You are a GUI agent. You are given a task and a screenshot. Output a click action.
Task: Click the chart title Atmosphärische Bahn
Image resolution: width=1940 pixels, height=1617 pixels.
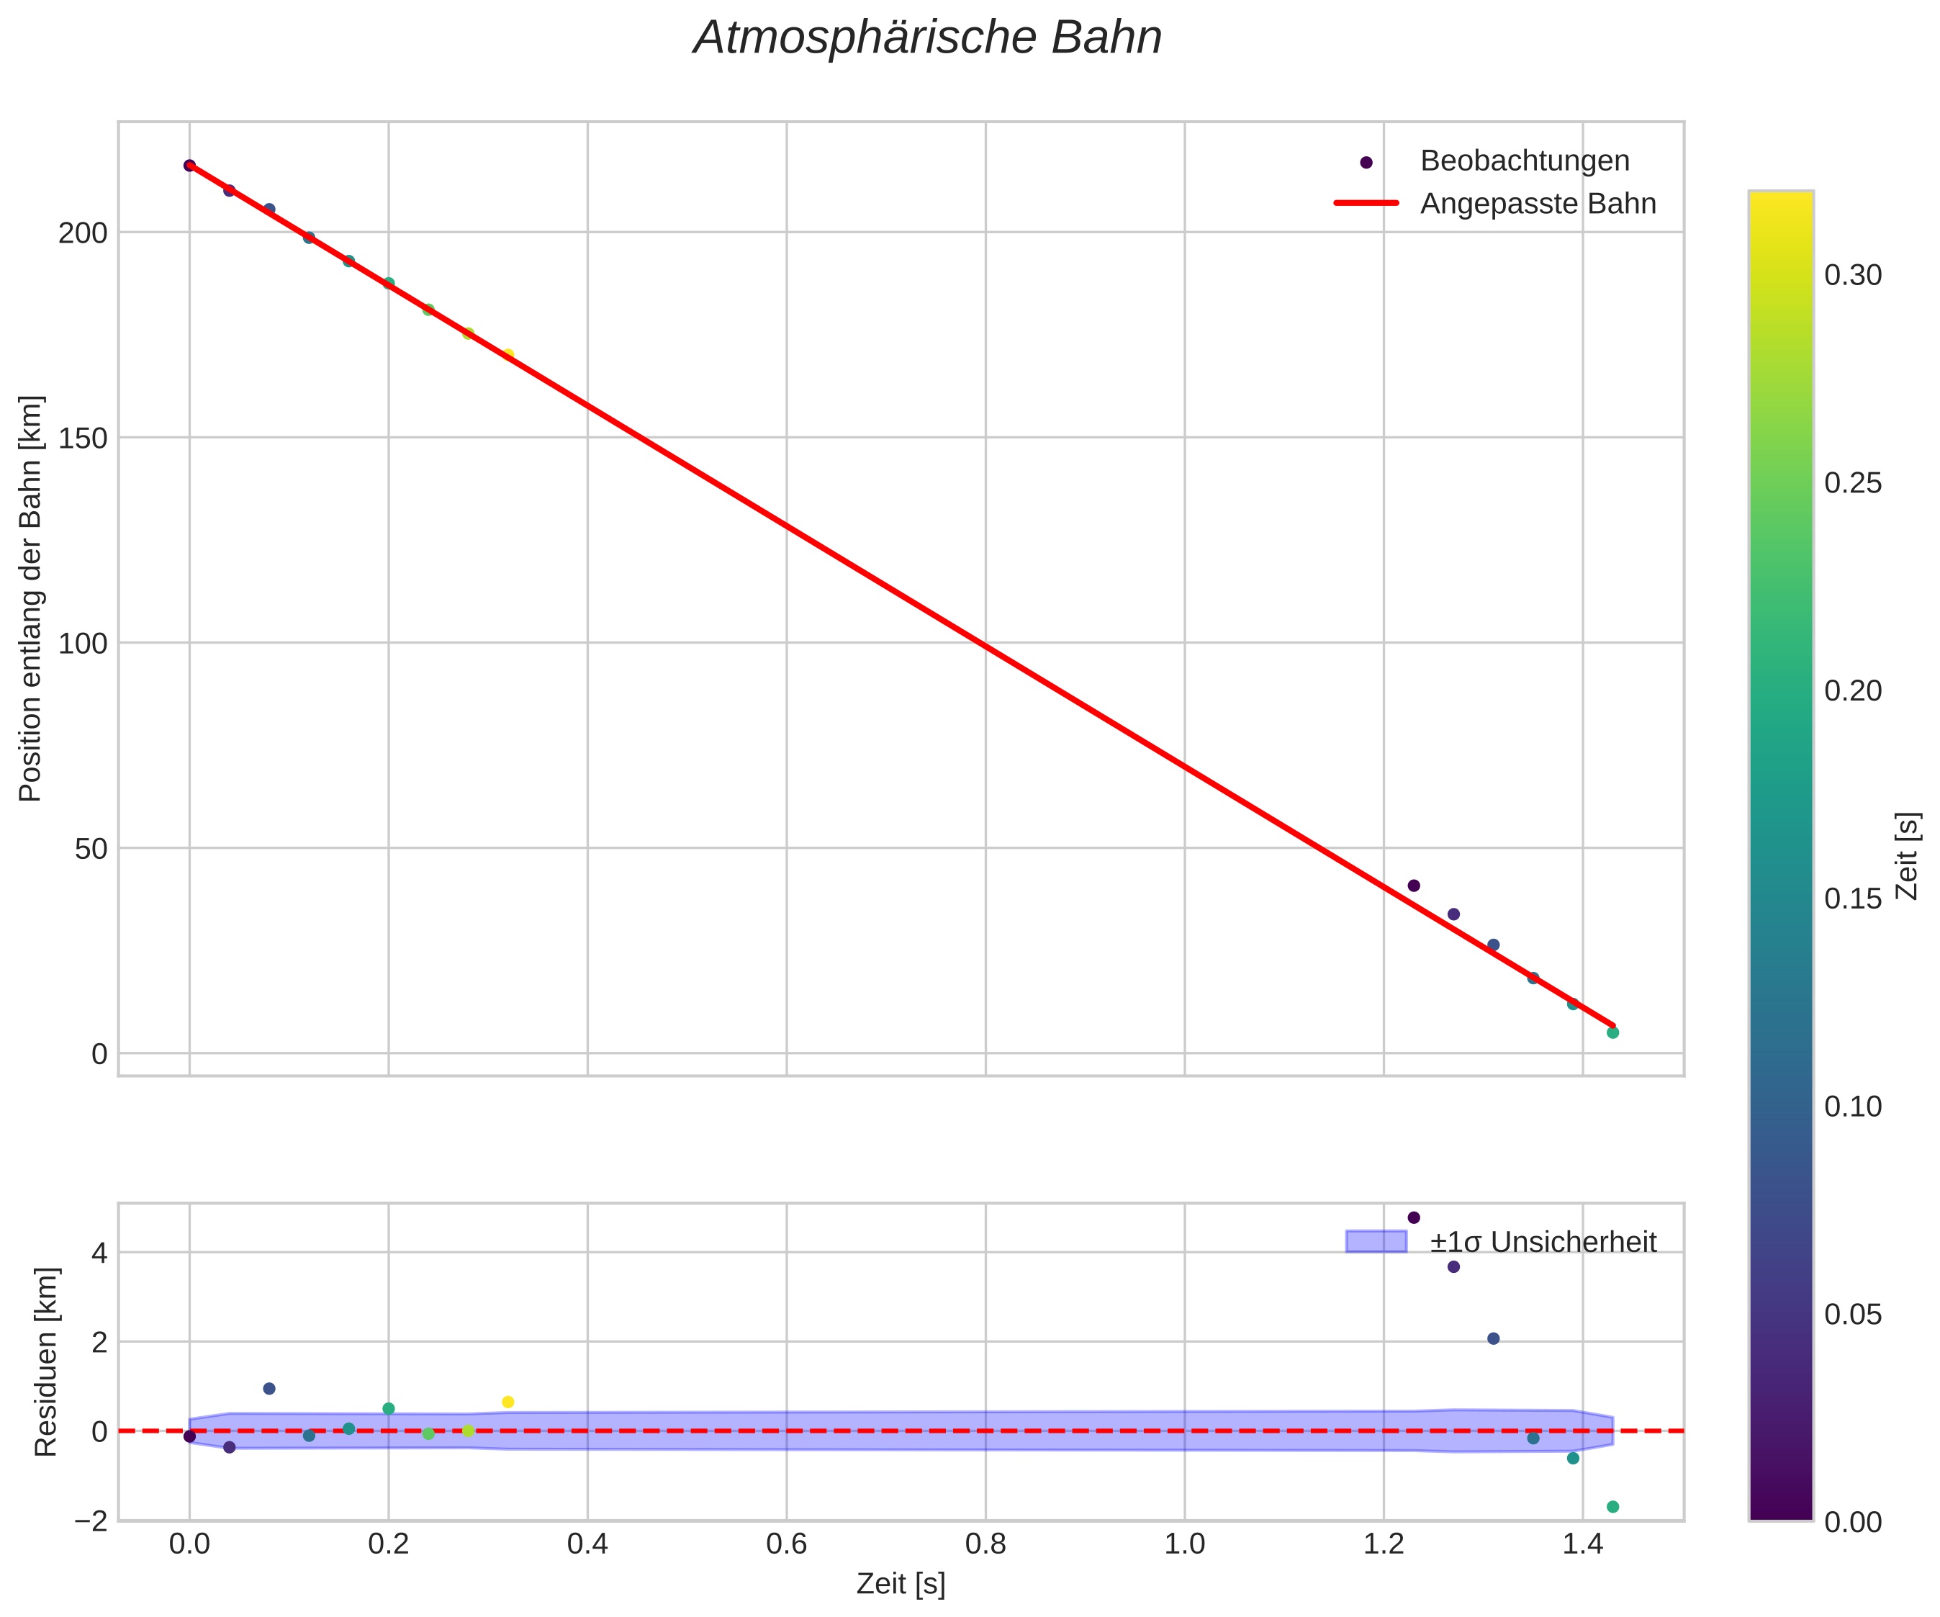pos(927,39)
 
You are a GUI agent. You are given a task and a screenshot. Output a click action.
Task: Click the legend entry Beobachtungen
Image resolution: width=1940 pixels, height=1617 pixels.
pos(1525,161)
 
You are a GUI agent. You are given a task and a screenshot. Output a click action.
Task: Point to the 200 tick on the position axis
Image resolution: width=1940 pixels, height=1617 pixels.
pos(84,233)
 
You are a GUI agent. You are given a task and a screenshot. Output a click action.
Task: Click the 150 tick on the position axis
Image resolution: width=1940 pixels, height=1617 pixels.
pos(84,438)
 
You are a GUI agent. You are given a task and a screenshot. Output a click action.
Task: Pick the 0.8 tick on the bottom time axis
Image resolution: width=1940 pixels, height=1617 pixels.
pos(985,1545)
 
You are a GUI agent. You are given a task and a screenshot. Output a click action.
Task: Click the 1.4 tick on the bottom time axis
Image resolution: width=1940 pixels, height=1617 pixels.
pos(1582,1545)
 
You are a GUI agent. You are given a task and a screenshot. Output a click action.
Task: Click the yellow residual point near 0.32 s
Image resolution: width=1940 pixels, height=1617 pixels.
pos(508,1402)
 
